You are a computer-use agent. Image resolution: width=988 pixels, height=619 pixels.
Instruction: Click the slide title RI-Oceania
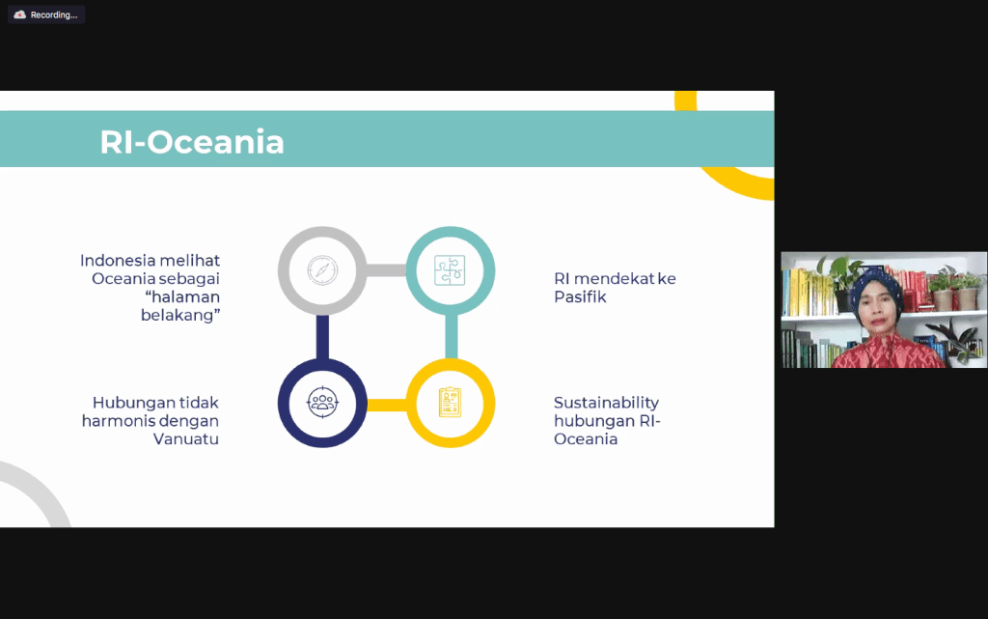(x=192, y=142)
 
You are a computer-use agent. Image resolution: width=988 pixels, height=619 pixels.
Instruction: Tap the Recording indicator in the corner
(x=46, y=14)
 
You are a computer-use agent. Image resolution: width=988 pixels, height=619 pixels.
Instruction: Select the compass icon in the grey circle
(x=322, y=270)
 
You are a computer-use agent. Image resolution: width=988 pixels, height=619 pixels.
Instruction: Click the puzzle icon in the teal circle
(x=450, y=270)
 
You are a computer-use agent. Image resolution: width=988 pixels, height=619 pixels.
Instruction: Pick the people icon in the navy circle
(x=322, y=402)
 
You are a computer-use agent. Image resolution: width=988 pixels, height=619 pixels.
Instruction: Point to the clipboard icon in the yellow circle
(x=450, y=402)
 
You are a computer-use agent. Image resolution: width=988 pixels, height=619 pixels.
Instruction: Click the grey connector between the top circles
(x=386, y=270)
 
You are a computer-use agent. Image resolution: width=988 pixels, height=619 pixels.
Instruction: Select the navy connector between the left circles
(x=322, y=337)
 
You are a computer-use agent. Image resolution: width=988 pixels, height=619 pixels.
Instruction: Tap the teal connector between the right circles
(x=452, y=337)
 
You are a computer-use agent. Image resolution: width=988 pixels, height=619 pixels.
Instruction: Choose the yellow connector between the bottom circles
(x=386, y=405)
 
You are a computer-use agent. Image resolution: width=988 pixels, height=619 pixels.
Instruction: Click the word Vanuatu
(x=186, y=438)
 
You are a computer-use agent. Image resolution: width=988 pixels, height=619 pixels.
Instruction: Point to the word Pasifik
(x=580, y=296)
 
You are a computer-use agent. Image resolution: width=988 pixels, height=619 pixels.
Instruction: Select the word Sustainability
(x=606, y=404)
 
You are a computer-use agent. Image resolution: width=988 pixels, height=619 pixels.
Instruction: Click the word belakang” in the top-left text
(x=180, y=315)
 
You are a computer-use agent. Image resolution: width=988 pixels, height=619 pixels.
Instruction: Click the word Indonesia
(x=117, y=261)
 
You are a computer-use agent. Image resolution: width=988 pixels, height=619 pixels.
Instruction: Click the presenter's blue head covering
(x=876, y=288)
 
